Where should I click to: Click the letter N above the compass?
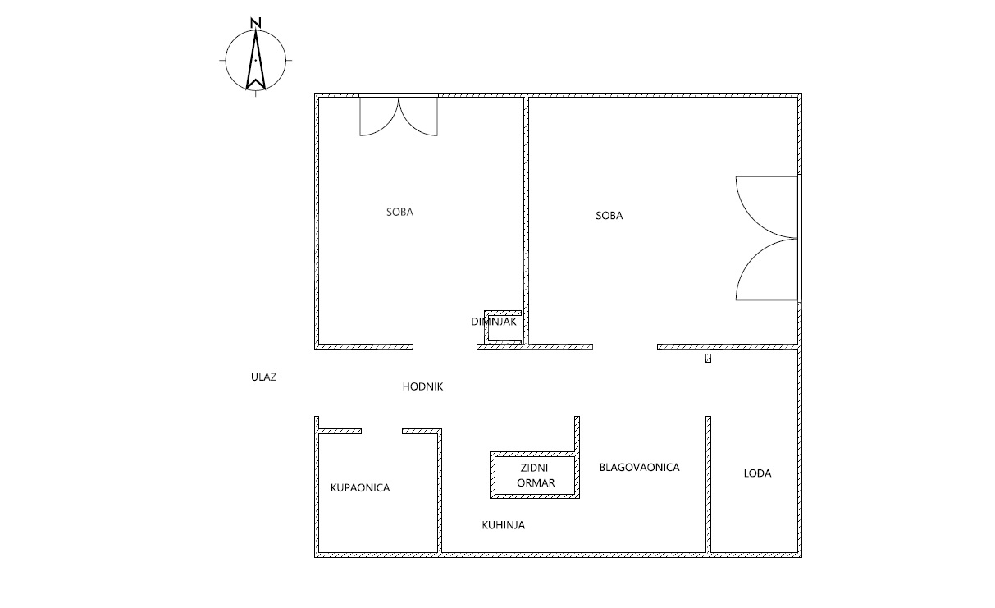(x=255, y=23)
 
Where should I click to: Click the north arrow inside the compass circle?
(x=255, y=60)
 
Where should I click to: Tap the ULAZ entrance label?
(x=264, y=377)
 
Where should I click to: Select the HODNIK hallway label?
(x=422, y=386)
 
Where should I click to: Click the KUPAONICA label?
(x=360, y=488)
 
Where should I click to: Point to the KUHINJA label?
(x=504, y=525)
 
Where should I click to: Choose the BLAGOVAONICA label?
(x=640, y=467)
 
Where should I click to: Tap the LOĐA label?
(x=757, y=473)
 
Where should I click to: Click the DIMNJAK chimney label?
(x=494, y=322)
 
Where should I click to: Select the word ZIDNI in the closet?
(x=534, y=468)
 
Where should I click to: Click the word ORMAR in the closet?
(x=536, y=483)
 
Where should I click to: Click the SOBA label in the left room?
(x=399, y=212)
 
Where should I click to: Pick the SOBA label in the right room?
(x=609, y=216)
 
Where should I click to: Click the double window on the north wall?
(x=399, y=116)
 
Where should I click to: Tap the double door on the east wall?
(x=768, y=238)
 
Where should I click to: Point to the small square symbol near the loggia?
(x=708, y=359)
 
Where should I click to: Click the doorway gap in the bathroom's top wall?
(x=381, y=431)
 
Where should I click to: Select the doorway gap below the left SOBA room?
(x=445, y=346)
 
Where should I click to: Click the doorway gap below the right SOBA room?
(x=625, y=346)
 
